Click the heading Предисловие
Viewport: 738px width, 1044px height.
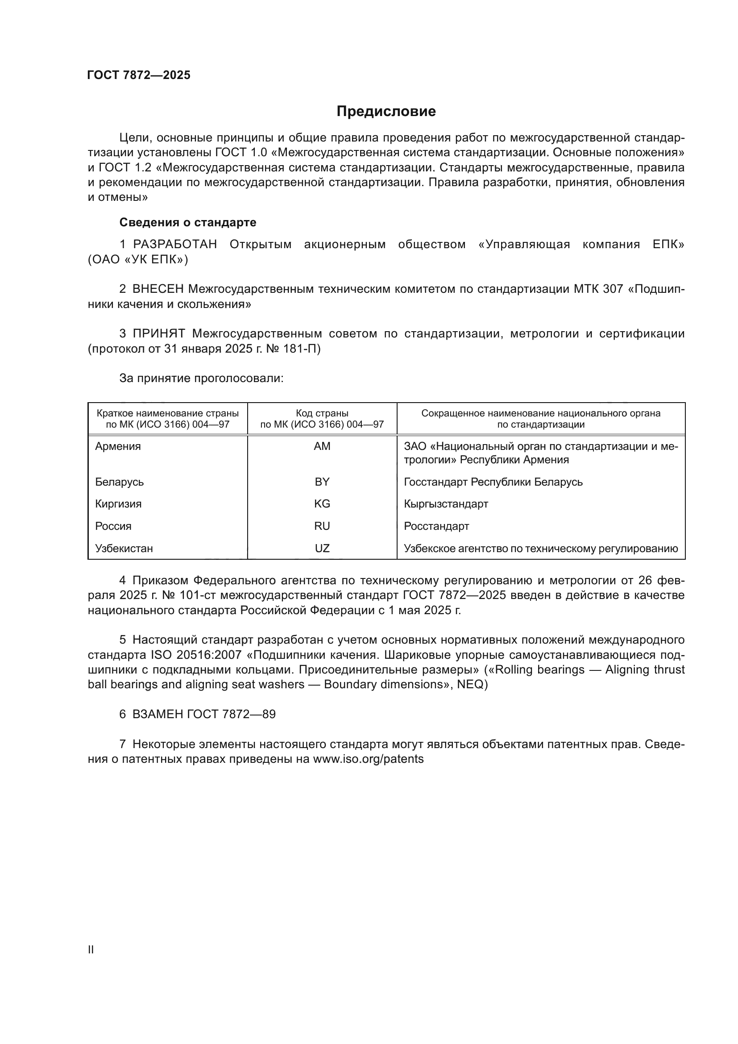pos(386,112)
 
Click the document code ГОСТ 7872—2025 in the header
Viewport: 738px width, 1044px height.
pos(139,75)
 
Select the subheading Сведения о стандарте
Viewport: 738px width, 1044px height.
pos(188,222)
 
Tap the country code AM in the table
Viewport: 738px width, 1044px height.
pos(322,446)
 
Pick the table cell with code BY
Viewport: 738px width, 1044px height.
pos(322,482)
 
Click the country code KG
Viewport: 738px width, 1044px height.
pos(322,504)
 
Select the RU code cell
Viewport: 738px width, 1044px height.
pos(322,526)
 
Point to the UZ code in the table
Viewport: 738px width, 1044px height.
pos(322,549)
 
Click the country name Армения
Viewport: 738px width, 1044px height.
pos(118,446)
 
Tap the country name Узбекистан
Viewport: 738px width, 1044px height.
pos(124,549)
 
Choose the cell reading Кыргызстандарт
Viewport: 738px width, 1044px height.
pos(446,504)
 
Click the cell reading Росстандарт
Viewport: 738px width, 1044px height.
pos(436,526)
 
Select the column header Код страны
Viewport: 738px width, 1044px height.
pos(322,413)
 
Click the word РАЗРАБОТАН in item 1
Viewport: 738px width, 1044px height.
pos(175,245)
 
